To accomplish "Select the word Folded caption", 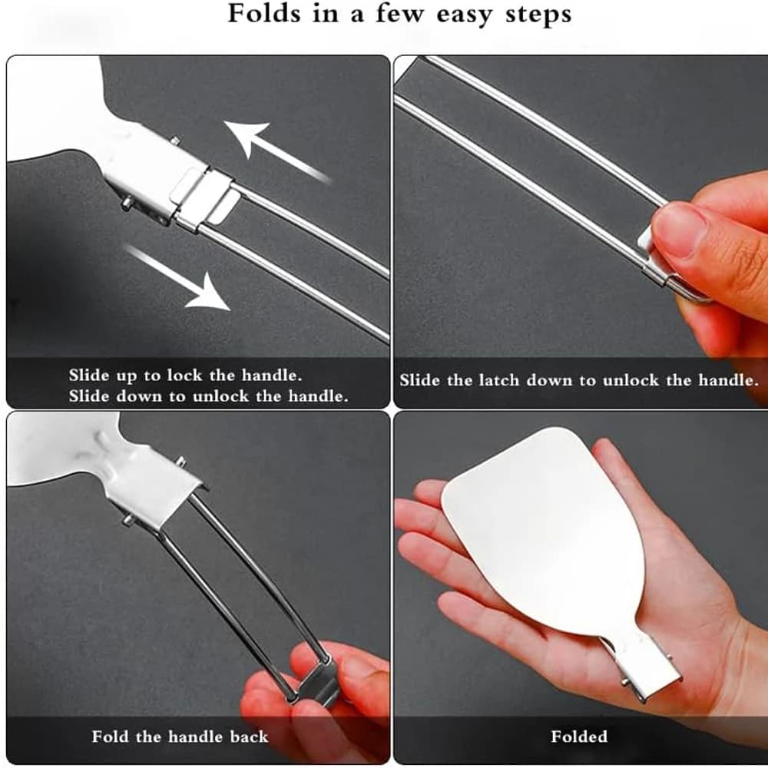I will pyautogui.click(x=579, y=737).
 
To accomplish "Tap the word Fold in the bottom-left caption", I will pyautogui.click(x=111, y=737).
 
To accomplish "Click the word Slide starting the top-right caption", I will pyautogui.click(x=420, y=380).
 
